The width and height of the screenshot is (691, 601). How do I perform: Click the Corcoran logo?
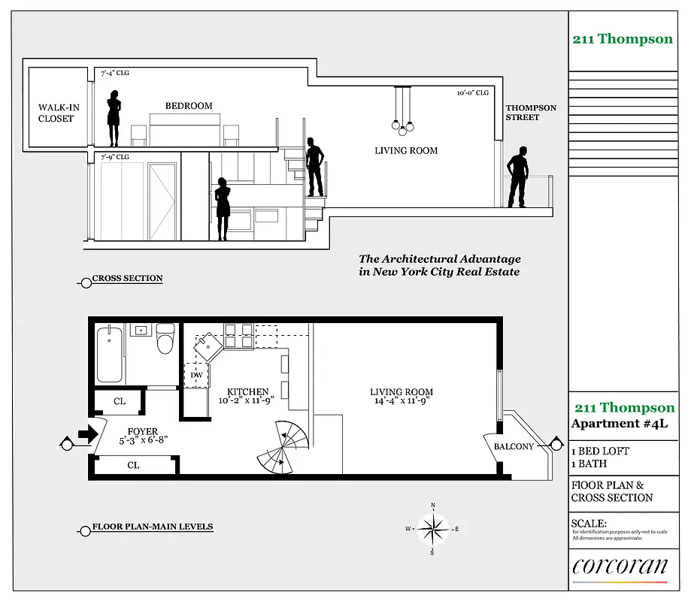point(620,566)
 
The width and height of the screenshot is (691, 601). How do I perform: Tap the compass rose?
point(433,529)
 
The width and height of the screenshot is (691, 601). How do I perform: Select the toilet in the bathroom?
point(165,340)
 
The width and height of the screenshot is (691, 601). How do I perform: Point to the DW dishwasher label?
point(196,374)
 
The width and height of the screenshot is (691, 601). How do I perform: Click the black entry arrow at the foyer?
point(89,433)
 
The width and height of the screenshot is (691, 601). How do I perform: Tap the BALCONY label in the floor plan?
point(514,446)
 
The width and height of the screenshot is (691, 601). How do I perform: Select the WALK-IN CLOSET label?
point(59,113)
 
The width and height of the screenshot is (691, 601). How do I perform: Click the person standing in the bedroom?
point(114,118)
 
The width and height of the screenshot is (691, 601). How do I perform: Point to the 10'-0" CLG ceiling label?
point(473,93)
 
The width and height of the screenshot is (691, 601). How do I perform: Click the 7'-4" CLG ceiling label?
point(115,74)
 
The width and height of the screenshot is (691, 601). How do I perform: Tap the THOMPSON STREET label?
point(531,113)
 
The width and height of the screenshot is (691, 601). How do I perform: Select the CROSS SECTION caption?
point(127,279)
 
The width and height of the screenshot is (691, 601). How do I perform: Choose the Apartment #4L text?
point(619,424)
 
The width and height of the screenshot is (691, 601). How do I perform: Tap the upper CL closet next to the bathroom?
point(120,401)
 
